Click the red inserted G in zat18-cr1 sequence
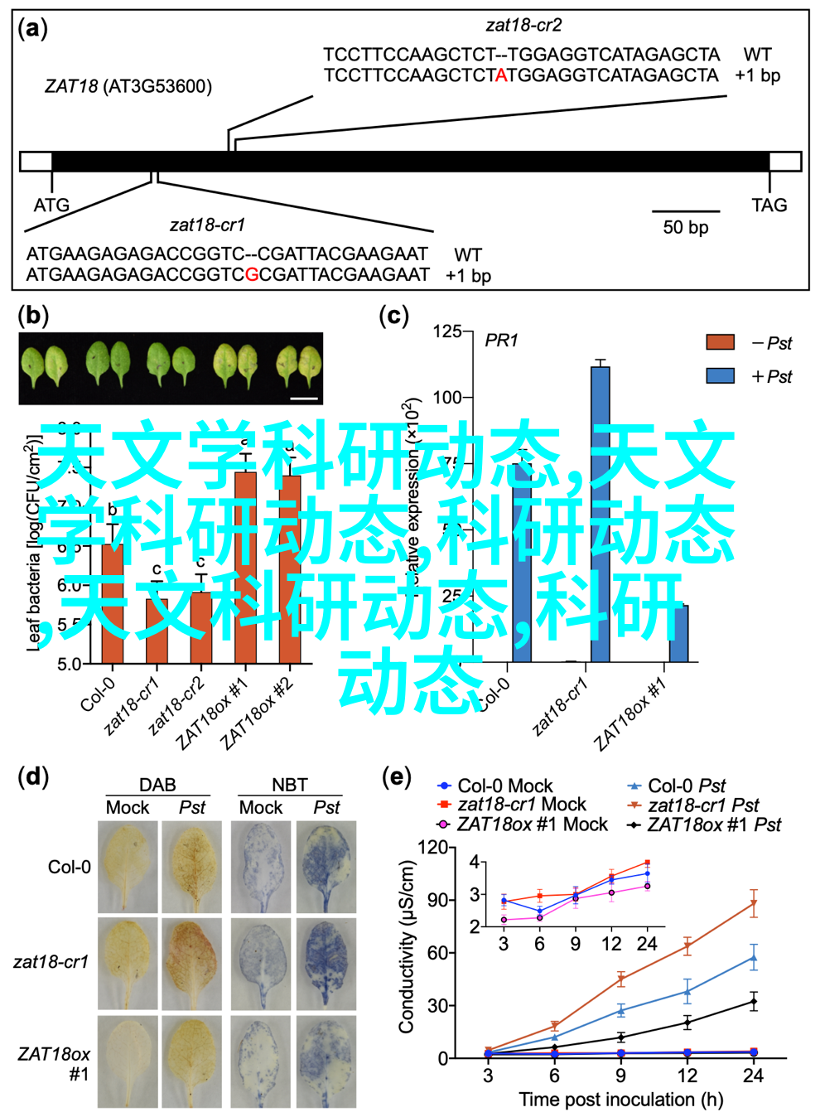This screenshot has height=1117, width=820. pyautogui.click(x=252, y=275)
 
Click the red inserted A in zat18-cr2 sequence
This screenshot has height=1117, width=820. pyautogui.click(x=500, y=75)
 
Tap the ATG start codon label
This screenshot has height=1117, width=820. pyautogui.click(x=51, y=205)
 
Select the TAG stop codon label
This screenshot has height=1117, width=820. pyautogui.click(x=769, y=205)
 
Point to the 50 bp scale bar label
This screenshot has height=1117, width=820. pyautogui.click(x=685, y=227)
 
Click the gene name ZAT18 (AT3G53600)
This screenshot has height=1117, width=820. pyautogui.click(x=128, y=86)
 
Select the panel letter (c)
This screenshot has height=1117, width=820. pyautogui.click(x=393, y=316)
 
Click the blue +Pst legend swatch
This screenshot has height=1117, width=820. pyautogui.click(x=720, y=376)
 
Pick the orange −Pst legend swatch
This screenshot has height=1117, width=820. pyautogui.click(x=720, y=342)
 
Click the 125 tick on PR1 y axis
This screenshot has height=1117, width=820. pyautogui.click(x=447, y=331)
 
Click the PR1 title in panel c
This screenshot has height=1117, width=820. pyautogui.click(x=501, y=341)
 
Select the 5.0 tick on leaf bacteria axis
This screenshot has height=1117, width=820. pyautogui.click(x=69, y=664)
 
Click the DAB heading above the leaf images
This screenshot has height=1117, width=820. pyautogui.click(x=157, y=785)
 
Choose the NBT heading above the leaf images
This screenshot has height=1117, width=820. pyautogui.click(x=289, y=785)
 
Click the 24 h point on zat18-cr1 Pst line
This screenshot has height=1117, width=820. pyautogui.click(x=754, y=904)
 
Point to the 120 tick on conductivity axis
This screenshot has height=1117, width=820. pyautogui.click(x=432, y=848)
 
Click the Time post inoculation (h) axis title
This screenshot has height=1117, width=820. pyautogui.click(x=620, y=1100)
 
